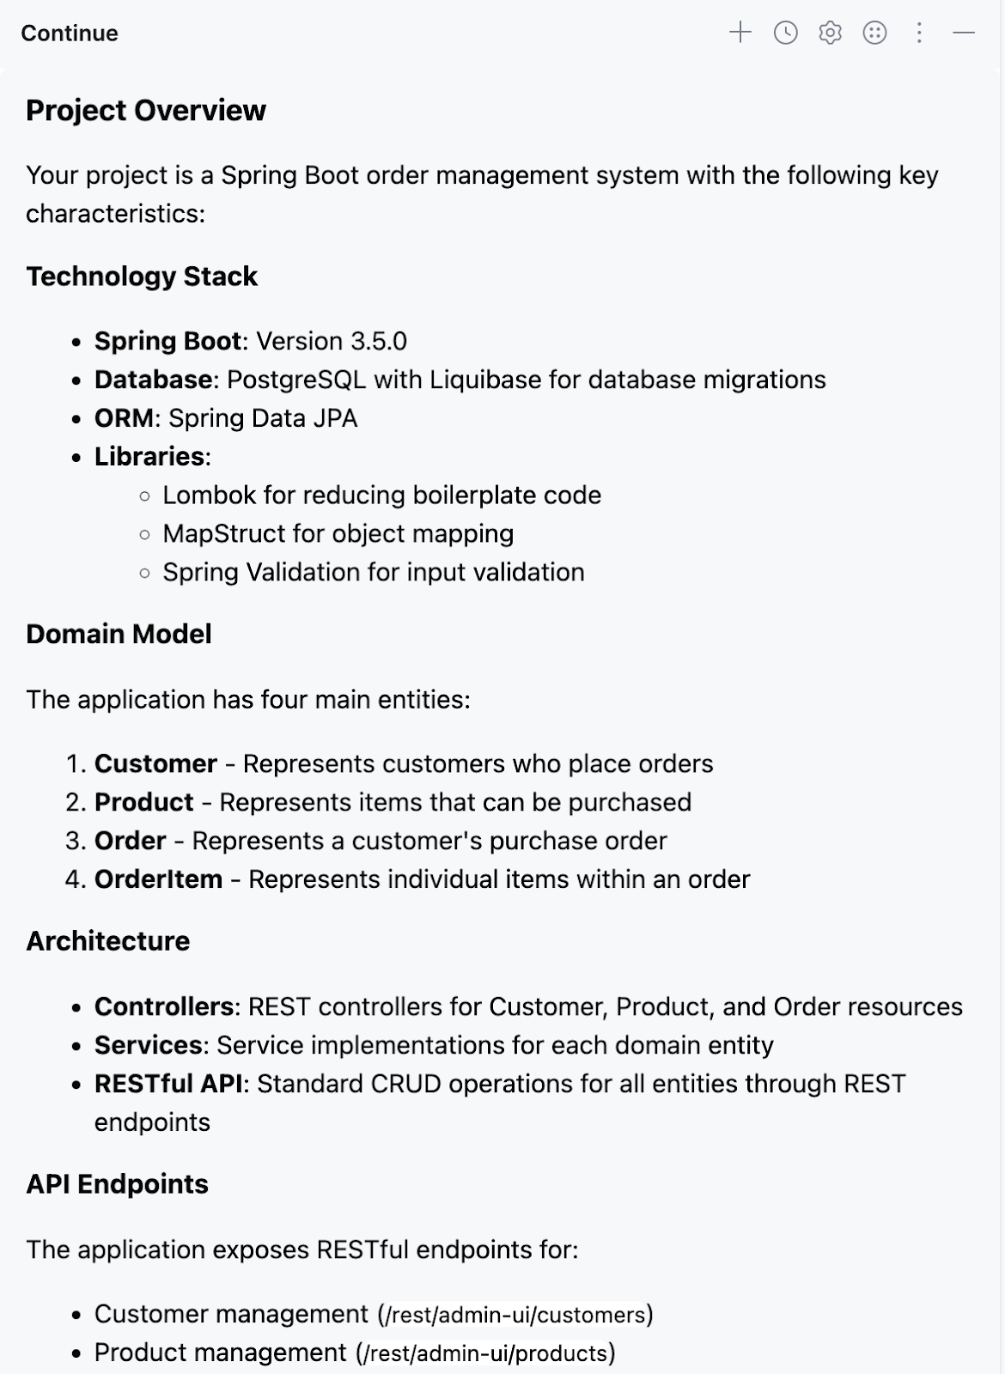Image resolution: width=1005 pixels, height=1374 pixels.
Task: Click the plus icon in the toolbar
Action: tap(740, 33)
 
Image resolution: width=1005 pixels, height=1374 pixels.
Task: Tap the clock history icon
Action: tap(785, 33)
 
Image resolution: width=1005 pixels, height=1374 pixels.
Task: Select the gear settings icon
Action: tap(830, 33)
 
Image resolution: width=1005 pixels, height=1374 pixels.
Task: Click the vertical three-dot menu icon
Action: tap(919, 33)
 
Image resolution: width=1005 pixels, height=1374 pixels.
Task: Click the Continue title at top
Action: tap(70, 33)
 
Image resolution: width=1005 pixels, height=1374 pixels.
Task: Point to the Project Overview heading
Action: tap(146, 110)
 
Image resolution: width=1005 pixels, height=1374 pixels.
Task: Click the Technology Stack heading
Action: tap(142, 277)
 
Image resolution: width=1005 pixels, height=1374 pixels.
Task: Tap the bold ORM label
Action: tap(124, 418)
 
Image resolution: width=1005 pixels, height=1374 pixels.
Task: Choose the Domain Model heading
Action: tap(119, 634)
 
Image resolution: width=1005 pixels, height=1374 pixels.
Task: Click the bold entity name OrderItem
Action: tap(158, 879)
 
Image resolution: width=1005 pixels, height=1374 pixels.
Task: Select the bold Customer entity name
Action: tap(155, 763)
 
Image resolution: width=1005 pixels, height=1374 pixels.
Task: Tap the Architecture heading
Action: tap(107, 941)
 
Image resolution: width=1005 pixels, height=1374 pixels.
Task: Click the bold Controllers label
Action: tap(163, 1006)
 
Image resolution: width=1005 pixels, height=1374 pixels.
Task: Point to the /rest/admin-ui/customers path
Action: tap(515, 1315)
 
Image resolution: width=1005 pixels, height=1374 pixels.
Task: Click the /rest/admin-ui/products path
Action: tap(485, 1353)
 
